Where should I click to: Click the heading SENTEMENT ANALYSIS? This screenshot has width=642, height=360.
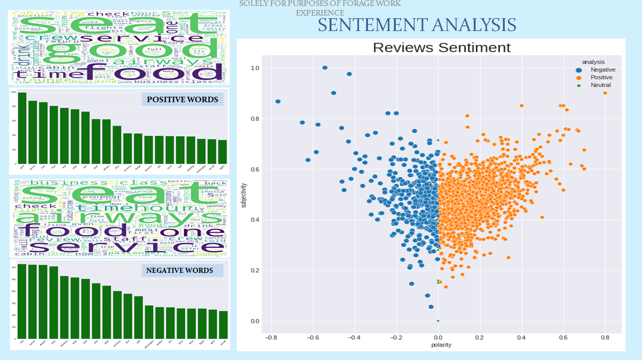(x=417, y=25)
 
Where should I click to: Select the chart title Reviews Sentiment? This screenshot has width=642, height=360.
(x=441, y=47)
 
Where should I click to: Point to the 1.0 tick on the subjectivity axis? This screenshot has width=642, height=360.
(x=255, y=68)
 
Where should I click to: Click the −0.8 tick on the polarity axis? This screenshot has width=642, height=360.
(x=271, y=338)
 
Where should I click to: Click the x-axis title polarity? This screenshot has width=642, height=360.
(x=441, y=345)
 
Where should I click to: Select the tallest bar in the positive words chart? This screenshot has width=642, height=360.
(x=22, y=128)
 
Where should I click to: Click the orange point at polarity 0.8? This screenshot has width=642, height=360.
(x=605, y=93)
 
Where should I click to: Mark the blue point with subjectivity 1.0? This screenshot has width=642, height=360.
(x=325, y=68)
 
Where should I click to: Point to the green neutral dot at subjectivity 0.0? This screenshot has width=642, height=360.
(x=438, y=321)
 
